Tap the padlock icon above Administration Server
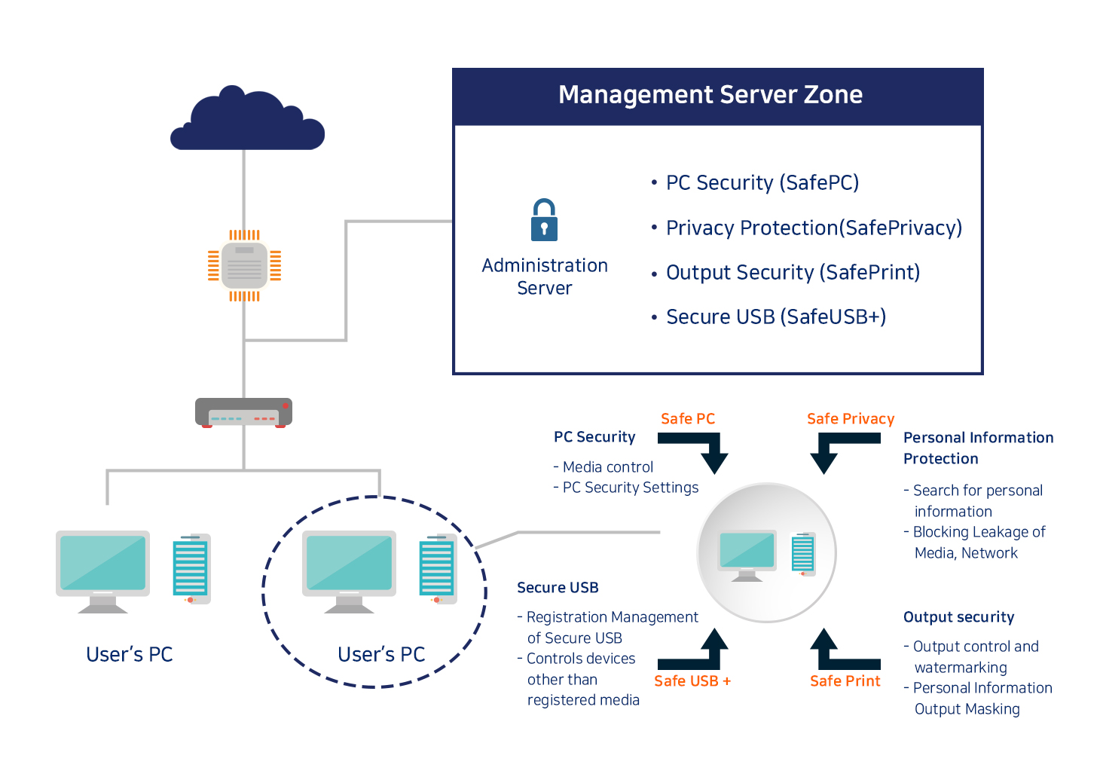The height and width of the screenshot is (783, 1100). pos(544,219)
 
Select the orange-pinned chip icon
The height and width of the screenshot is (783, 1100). pos(245,265)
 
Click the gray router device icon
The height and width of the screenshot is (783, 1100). pos(243,413)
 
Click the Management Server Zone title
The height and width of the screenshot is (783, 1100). pos(710,94)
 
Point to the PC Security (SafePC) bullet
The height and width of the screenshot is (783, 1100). pos(755,182)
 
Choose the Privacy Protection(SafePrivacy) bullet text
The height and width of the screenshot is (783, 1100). pos(806,228)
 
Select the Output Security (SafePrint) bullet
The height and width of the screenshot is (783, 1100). pos(786,273)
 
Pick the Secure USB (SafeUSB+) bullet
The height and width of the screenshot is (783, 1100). pos(768,317)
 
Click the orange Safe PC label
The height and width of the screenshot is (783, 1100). pos(687,419)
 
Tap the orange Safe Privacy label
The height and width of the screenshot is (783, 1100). pos(851,419)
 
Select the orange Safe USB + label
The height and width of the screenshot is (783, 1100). pos(692,681)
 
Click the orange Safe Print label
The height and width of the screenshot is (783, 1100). pos(845,681)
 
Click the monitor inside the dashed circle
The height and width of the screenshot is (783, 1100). pos(349,572)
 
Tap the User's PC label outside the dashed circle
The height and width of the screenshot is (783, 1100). pos(130,654)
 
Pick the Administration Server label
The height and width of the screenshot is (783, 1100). pos(545,277)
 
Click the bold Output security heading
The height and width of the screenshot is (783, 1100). pos(958,617)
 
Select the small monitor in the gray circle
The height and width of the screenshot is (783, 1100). pos(747,555)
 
